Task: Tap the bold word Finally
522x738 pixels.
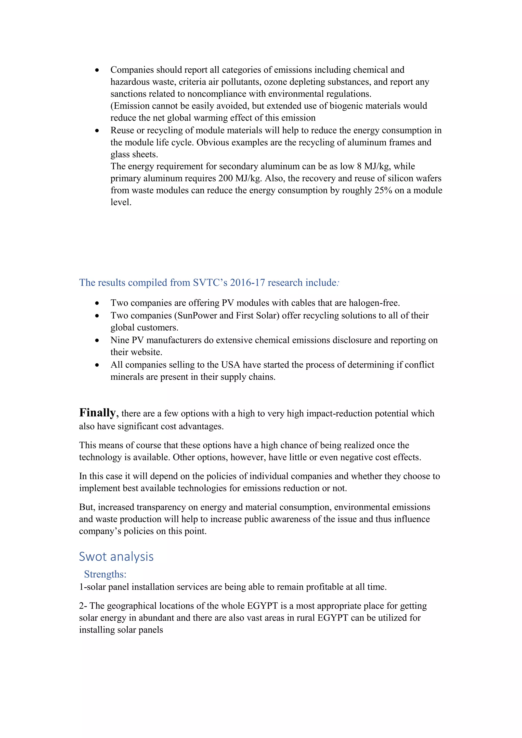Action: [97, 413]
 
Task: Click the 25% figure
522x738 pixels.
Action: [383, 190]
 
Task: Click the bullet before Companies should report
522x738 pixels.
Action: [97, 70]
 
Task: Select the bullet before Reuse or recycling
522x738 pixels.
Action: [97, 131]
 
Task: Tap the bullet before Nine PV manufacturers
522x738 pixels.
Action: [97, 341]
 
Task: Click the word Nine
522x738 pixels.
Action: [120, 340]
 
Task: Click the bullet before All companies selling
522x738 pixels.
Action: [97, 365]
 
